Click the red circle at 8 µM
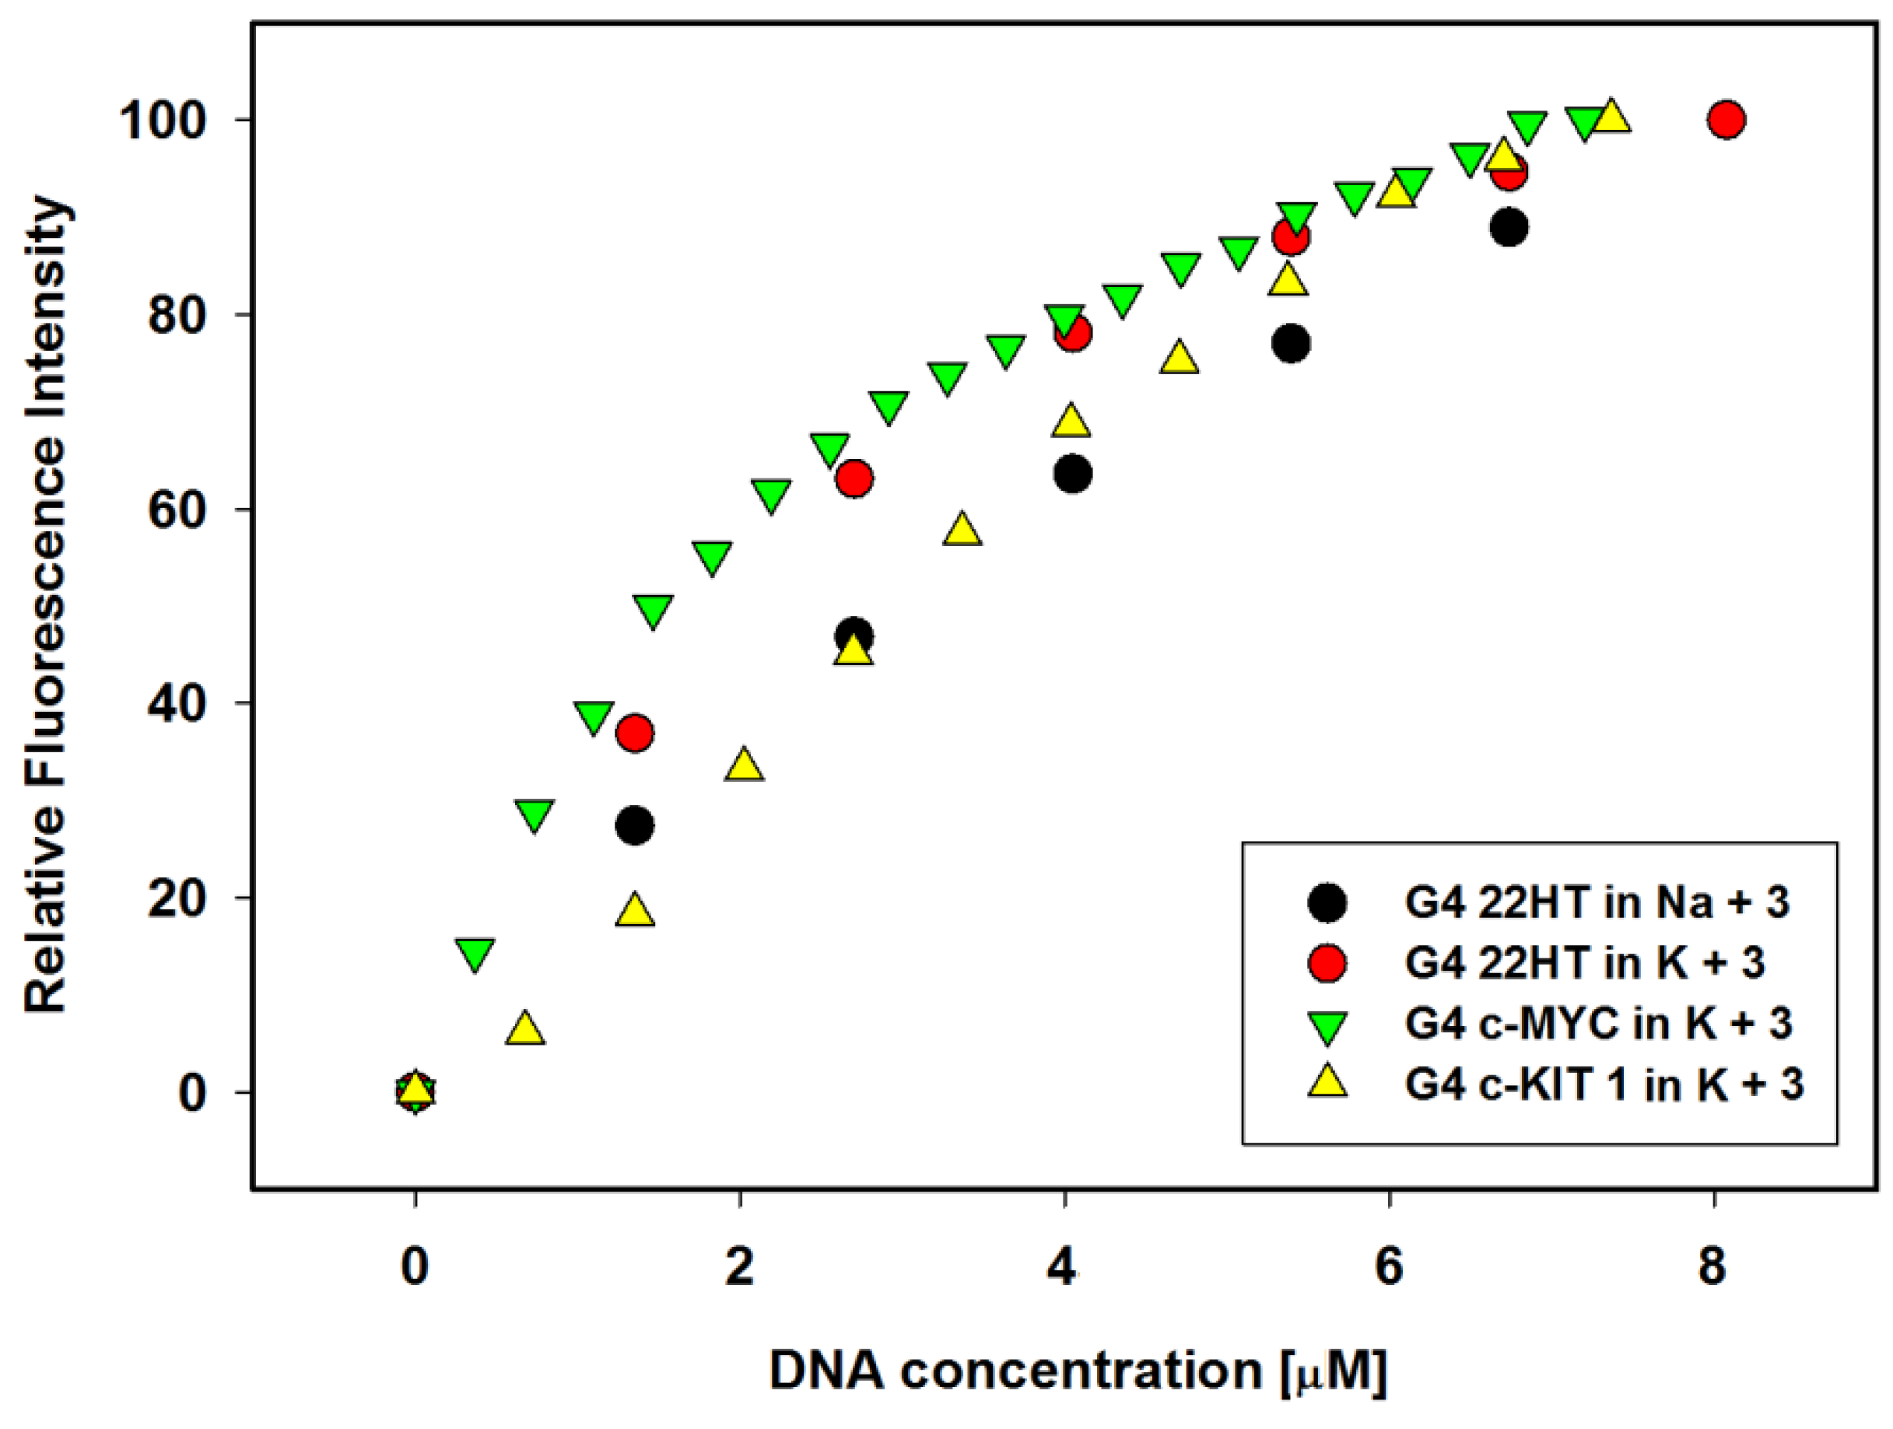(x=1726, y=120)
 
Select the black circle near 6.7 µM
(x=1509, y=228)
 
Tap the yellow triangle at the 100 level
(x=1611, y=117)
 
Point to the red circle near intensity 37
(x=635, y=734)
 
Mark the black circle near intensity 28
(x=635, y=826)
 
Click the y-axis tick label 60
(x=177, y=509)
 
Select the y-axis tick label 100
(x=164, y=121)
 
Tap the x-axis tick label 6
(x=1388, y=1266)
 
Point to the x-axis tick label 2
(x=739, y=1266)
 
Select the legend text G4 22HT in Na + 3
(x=1596, y=902)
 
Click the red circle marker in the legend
(x=1327, y=964)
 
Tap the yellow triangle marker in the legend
(x=1327, y=1083)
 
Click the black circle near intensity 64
(x=1073, y=474)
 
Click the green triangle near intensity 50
(x=653, y=611)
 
